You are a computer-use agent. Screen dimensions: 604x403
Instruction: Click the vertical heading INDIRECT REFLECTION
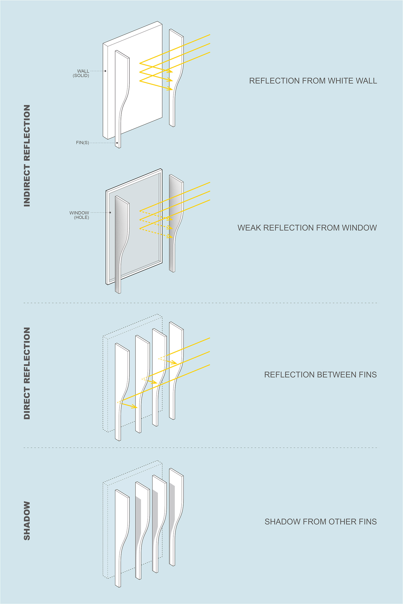(27, 156)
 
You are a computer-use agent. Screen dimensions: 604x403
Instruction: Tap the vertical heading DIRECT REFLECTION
(27, 373)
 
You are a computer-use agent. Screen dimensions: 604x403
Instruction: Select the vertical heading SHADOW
(27, 521)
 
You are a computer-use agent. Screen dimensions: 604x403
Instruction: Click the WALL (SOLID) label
(82, 73)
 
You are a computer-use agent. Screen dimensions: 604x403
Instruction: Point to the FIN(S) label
(82, 143)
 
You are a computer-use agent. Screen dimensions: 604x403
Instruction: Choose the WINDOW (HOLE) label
(80, 215)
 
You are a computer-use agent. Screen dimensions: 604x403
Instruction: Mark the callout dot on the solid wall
(105, 71)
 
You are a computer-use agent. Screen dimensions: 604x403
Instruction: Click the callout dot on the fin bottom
(117, 143)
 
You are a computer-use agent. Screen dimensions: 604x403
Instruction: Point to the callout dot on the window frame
(110, 212)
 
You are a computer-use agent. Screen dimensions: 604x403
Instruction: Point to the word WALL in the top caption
(368, 81)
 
